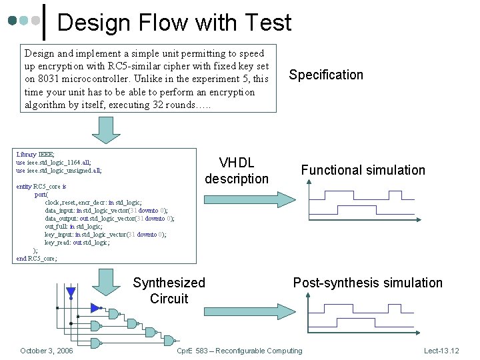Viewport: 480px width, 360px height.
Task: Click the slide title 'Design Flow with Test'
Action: point(174,23)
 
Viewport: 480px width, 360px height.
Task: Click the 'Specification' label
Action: point(326,75)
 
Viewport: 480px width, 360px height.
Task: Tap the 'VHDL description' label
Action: point(237,171)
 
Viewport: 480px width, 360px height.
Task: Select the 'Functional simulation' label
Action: point(363,170)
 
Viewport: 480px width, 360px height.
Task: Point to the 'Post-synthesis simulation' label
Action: point(367,283)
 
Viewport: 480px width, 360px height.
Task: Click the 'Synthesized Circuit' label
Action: point(169,291)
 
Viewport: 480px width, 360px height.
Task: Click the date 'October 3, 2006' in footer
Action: point(47,351)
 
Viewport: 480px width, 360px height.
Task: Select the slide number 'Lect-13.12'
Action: point(441,351)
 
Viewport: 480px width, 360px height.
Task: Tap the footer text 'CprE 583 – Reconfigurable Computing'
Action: point(239,351)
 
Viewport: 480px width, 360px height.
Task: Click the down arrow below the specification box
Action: point(105,130)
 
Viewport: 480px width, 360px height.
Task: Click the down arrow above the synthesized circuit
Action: point(105,281)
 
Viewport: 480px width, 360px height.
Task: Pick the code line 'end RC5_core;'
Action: point(37,259)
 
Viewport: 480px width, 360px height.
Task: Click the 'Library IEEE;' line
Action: point(35,154)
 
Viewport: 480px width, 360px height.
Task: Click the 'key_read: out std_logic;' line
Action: point(77,243)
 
